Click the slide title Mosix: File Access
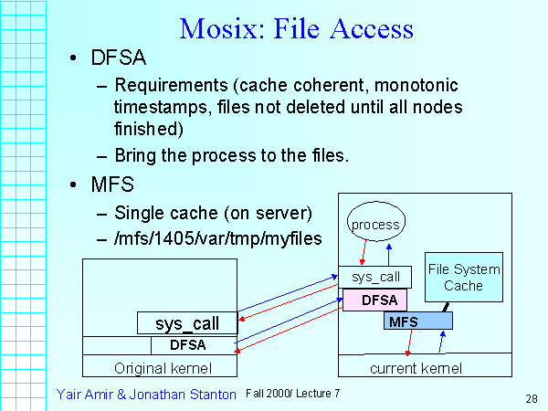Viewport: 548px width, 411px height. [x=297, y=28]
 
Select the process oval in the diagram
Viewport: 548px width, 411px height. [x=375, y=225]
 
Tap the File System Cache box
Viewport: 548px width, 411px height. [x=463, y=278]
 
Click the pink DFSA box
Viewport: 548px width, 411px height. [x=374, y=299]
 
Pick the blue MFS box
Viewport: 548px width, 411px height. [x=417, y=321]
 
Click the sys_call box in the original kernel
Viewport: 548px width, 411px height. [x=188, y=323]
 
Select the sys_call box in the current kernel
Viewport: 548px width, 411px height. [x=374, y=277]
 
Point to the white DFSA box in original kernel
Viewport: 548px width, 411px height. [x=194, y=345]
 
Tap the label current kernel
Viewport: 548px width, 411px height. [x=416, y=368]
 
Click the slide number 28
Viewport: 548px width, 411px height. [x=531, y=398]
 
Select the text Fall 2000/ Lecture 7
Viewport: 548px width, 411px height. [x=292, y=393]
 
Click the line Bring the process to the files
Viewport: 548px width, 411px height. [x=232, y=155]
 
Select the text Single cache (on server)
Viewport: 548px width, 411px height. [x=214, y=214]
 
